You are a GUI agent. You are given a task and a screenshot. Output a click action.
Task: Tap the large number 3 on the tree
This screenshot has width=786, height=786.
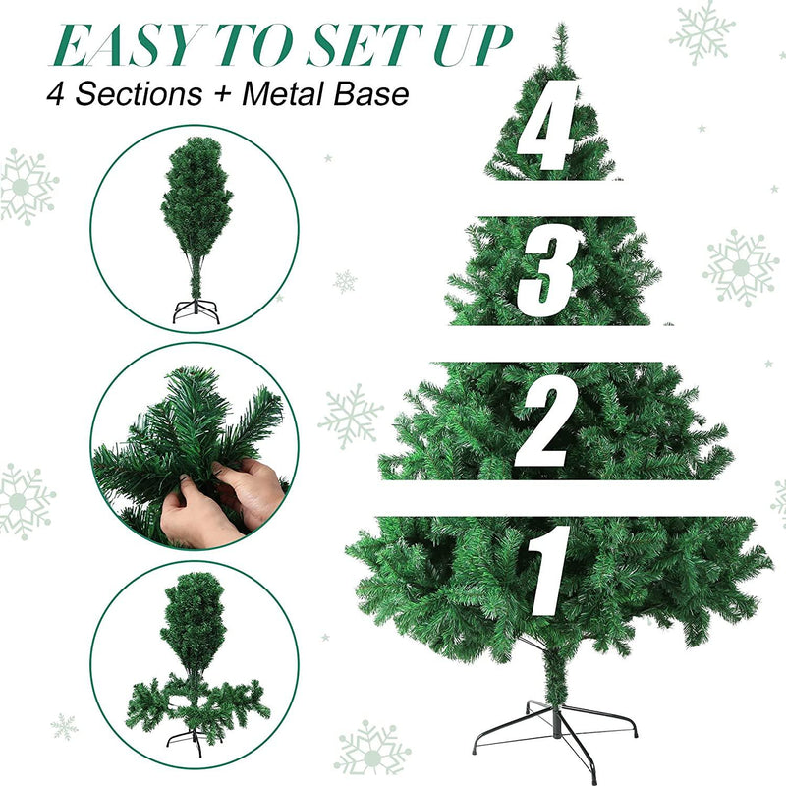(550, 269)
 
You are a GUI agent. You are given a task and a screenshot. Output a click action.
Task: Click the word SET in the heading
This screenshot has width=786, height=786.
(371, 45)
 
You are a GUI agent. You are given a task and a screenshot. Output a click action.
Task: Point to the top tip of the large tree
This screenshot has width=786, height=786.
(561, 29)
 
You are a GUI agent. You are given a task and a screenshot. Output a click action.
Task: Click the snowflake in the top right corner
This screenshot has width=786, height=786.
(702, 32)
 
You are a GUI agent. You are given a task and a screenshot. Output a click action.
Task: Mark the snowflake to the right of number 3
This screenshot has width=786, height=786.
(742, 267)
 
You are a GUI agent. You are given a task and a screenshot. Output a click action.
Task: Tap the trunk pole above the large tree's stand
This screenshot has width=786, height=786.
(556, 678)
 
